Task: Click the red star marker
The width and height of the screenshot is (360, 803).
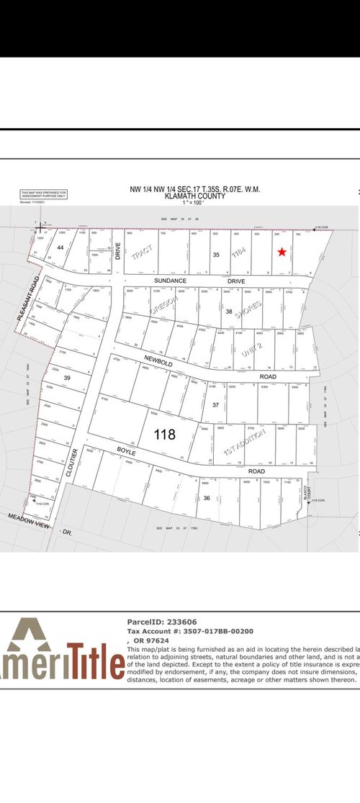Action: (282, 252)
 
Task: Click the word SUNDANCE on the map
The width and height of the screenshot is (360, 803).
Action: (171, 280)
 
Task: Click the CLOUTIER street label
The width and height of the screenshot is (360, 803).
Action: (74, 466)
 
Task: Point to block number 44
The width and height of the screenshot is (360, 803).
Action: (60, 248)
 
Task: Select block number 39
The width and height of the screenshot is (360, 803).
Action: (67, 378)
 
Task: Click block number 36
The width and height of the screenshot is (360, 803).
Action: (207, 498)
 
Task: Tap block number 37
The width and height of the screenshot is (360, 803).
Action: (215, 404)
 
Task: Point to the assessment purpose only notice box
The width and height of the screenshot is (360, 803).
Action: (43, 194)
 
